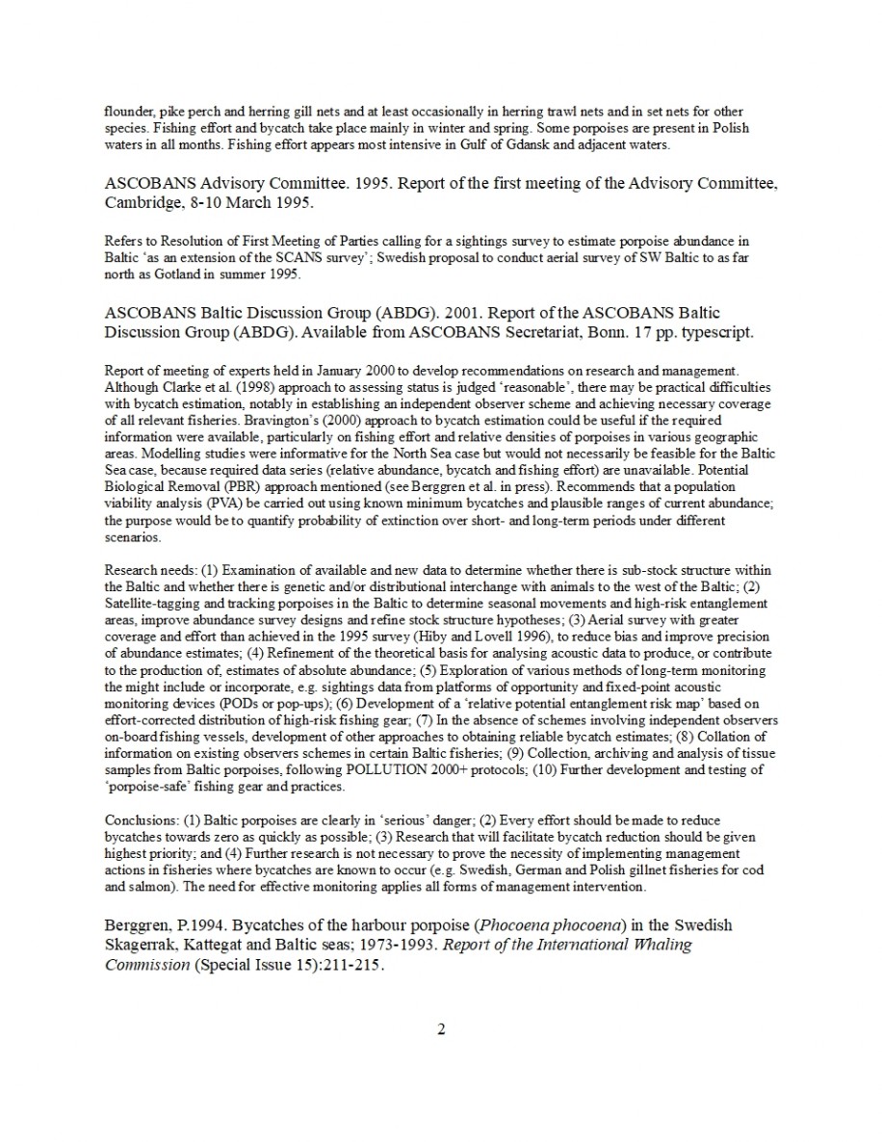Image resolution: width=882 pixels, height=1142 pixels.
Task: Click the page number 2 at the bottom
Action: [x=441, y=1030]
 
